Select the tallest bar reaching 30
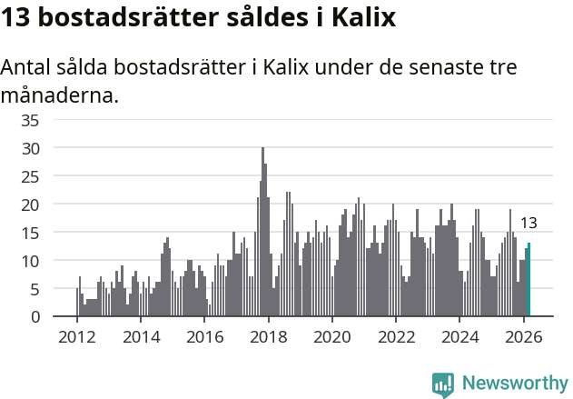pyautogui.click(x=262, y=232)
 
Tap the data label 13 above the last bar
pyautogui.click(x=528, y=223)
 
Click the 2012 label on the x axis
pyautogui.click(x=76, y=335)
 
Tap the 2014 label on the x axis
pyautogui.click(x=140, y=335)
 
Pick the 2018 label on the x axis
pyautogui.click(x=268, y=335)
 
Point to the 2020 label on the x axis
pyautogui.click(x=332, y=335)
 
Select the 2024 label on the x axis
pyautogui.click(x=460, y=335)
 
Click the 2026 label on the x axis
pyautogui.click(x=524, y=335)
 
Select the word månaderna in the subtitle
pyautogui.click(x=60, y=95)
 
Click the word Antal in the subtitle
pyautogui.click(x=27, y=69)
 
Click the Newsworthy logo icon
pyautogui.click(x=443, y=384)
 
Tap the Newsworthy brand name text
pyautogui.click(x=514, y=384)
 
